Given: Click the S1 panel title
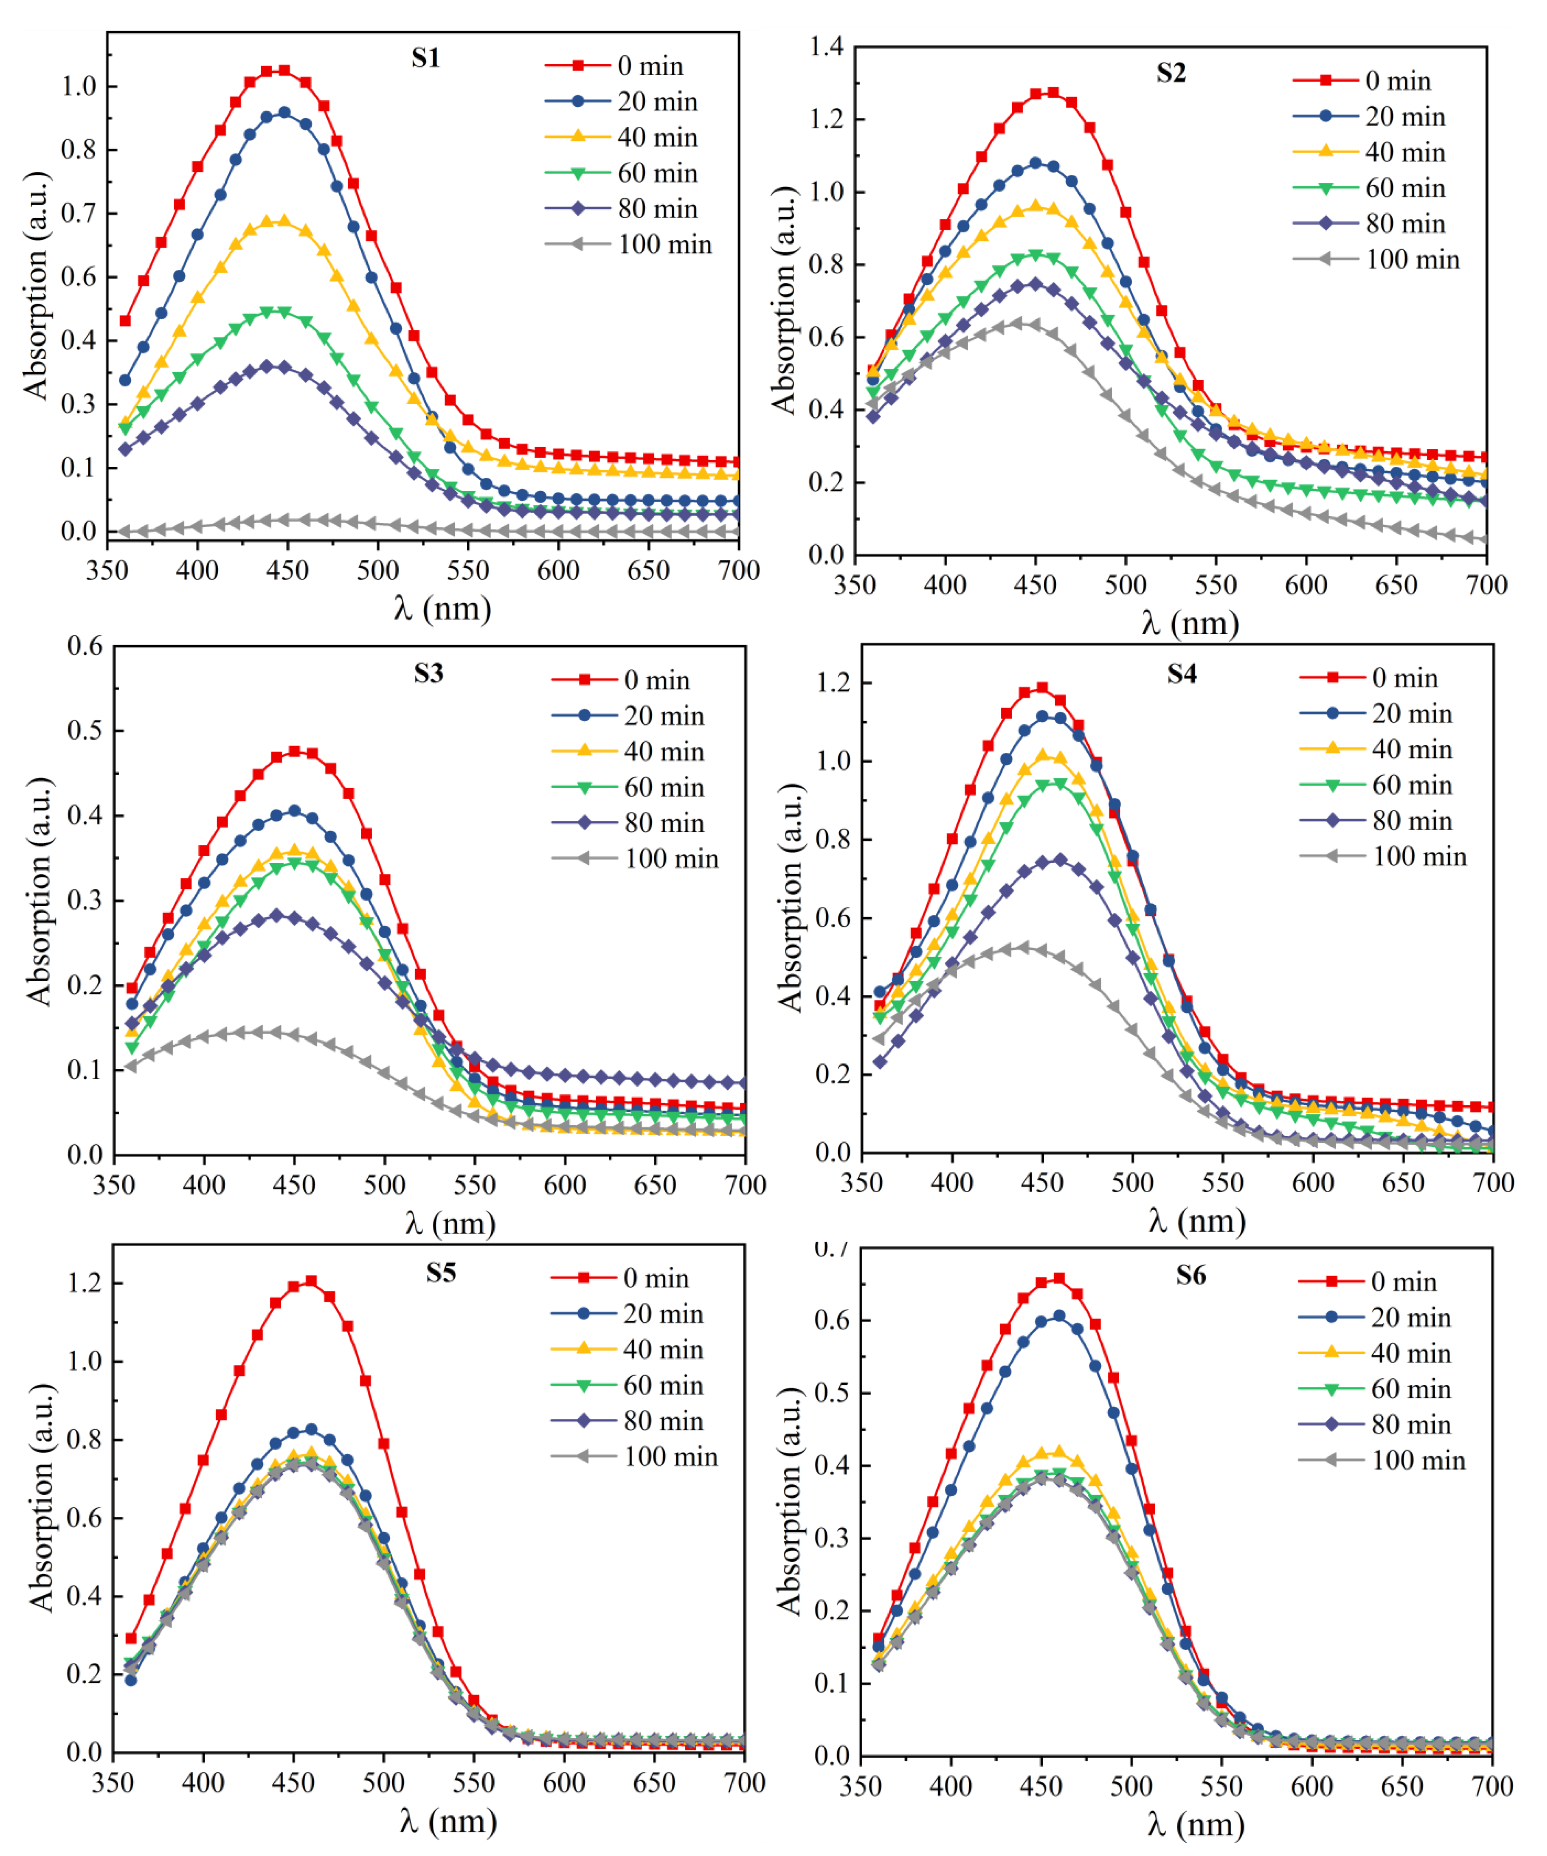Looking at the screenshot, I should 425,58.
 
